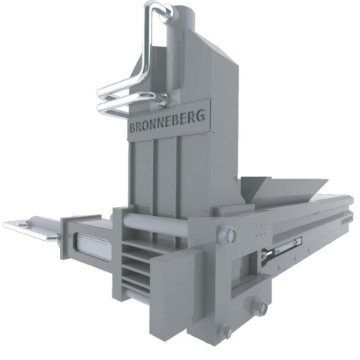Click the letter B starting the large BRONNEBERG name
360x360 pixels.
[133, 127]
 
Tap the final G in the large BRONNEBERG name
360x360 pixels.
[200, 115]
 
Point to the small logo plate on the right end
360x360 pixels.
[347, 218]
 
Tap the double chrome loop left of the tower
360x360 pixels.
[130, 100]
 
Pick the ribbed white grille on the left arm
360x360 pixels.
[91, 246]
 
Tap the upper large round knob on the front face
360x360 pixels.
[226, 234]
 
